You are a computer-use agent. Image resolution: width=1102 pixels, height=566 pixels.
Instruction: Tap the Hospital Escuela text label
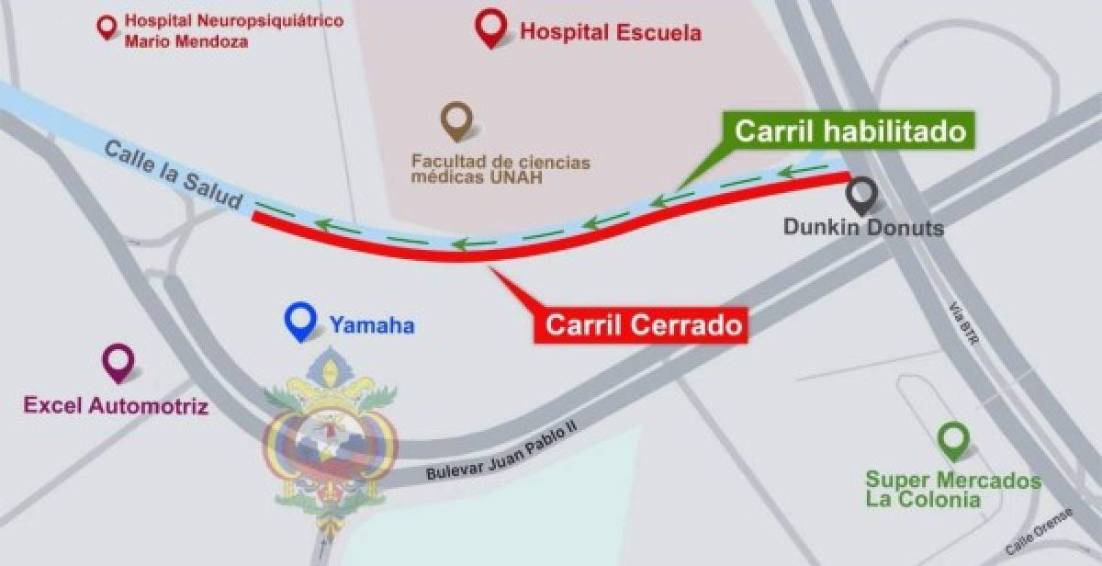611,33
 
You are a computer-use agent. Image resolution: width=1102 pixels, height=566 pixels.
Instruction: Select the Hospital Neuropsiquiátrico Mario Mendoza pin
108,26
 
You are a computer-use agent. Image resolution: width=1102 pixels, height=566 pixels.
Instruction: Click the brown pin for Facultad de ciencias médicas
456,119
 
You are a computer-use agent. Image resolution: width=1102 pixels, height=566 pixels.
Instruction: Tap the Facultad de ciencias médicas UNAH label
500,169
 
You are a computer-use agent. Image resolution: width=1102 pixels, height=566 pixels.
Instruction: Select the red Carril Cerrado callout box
643,324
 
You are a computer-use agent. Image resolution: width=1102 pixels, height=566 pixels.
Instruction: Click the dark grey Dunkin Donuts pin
861,194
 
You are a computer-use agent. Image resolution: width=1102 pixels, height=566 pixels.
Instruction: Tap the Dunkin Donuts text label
863,226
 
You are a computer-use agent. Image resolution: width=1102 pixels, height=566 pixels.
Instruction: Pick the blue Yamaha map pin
299,322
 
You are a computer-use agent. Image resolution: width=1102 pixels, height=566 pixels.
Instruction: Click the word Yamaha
372,324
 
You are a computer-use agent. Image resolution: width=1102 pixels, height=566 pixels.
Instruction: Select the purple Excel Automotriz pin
118,362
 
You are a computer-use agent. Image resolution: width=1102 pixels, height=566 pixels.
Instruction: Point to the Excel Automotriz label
117,404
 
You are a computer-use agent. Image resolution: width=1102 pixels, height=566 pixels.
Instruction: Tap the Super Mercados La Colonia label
952,491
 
